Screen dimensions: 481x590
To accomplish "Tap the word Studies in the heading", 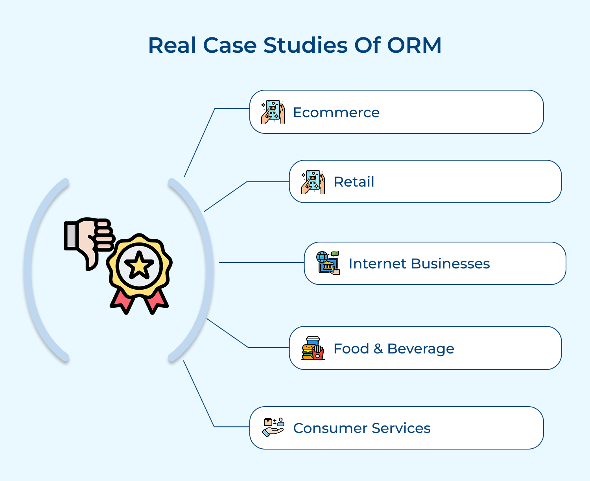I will coord(305,45).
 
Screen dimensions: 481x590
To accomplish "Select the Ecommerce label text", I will coord(336,113).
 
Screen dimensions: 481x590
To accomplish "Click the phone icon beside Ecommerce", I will coord(273,112).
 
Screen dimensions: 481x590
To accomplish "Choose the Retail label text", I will coord(354,182).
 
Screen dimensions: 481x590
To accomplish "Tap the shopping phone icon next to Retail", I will coord(313,181).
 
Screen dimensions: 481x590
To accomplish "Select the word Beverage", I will coord(420,349).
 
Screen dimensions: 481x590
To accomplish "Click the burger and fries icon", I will coord(313,348).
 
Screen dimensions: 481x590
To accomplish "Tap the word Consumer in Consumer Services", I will coord(329,428).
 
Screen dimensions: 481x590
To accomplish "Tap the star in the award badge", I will coord(139,266).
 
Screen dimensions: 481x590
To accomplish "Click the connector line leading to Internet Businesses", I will coord(262,263).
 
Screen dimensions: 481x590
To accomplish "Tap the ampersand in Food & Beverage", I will coord(378,349).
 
